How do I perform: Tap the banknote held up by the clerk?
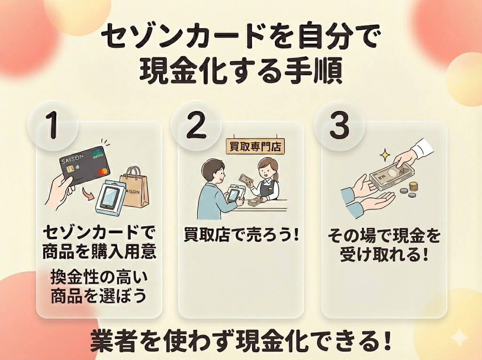pos(247,180)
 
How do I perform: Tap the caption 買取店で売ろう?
pos(241,234)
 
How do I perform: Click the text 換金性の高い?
pos(99,278)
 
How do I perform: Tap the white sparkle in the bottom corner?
pos(458,338)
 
